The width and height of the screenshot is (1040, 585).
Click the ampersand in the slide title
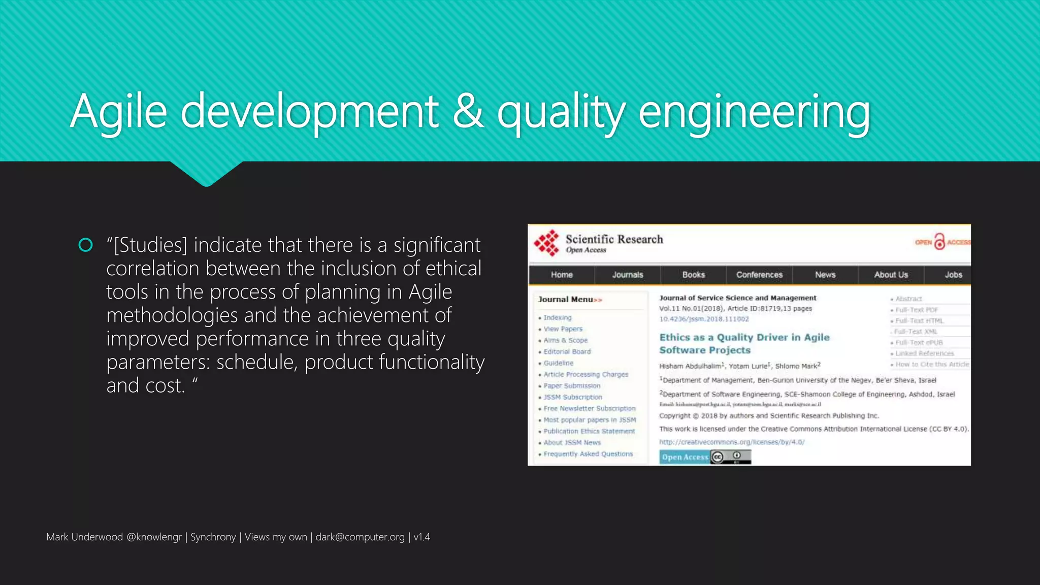468,111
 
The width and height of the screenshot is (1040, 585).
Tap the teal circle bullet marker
86,245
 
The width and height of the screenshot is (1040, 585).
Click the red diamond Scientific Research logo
546,243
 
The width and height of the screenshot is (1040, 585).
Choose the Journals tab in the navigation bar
628,275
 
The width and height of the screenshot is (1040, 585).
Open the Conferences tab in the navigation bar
759,275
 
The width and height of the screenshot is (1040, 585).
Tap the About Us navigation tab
891,275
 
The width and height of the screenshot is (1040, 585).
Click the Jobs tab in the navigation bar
953,275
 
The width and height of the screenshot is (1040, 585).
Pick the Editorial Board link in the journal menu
567,351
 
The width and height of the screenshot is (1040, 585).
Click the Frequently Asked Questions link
588,454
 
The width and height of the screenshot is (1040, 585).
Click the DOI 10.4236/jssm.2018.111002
704,319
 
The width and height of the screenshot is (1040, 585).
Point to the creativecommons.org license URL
732,442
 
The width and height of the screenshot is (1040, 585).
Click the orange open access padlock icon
940,242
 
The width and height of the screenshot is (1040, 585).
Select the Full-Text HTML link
919,320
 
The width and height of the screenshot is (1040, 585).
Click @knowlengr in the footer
154,537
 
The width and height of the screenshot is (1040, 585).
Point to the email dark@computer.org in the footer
360,537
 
